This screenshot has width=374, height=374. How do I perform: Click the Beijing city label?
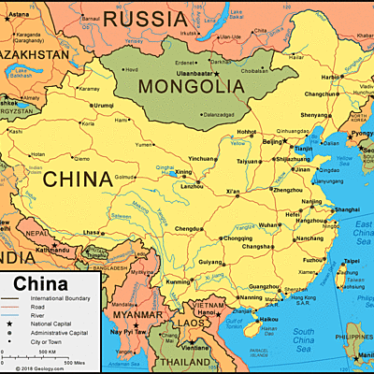tap(272, 142)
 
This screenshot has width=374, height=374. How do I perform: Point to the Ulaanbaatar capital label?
tap(192, 73)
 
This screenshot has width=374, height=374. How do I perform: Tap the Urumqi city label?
tap(104, 105)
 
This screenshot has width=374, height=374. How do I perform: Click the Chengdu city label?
tap(187, 228)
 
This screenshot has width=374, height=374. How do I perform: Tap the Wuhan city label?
tap(268, 225)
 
